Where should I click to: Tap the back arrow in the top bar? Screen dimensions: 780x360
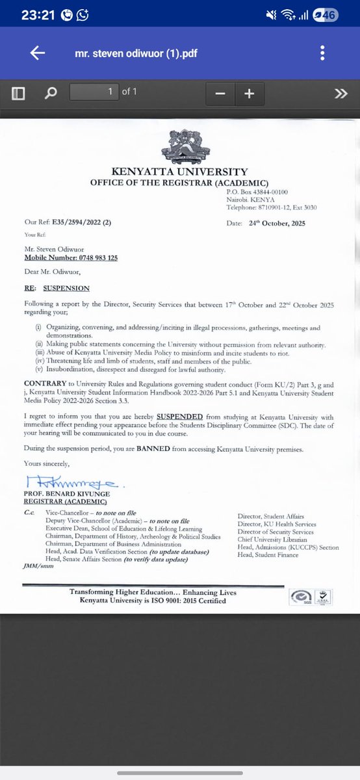37,54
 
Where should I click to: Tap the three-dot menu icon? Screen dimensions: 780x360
322,54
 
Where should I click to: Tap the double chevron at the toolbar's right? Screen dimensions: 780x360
341,94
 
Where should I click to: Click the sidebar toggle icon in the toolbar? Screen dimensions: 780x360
18,94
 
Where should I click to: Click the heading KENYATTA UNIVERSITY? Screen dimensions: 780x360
180,172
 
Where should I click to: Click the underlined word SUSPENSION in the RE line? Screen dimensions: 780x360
66,288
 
